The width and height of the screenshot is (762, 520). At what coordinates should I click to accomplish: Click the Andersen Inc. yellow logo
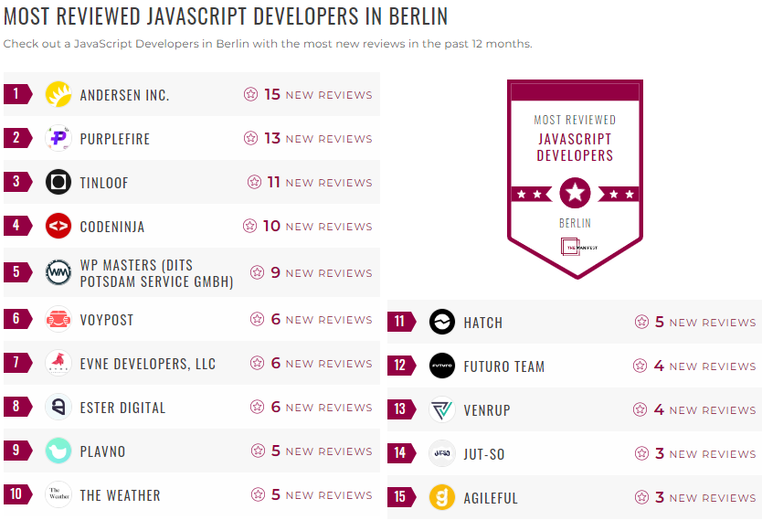[58, 94]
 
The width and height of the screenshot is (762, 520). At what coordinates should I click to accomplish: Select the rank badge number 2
[16, 138]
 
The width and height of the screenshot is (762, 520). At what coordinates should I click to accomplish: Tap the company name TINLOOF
[104, 183]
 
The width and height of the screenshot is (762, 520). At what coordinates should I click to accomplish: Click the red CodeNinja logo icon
[58, 226]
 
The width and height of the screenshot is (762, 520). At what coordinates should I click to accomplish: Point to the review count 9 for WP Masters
[276, 272]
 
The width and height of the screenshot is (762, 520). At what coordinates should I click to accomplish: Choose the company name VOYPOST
[107, 320]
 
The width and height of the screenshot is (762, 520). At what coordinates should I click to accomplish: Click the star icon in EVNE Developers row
[258, 364]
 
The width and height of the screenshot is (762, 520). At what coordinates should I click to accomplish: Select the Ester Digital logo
[58, 407]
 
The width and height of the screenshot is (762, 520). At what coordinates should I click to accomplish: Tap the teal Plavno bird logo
[58, 451]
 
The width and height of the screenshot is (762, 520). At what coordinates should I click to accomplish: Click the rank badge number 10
[16, 494]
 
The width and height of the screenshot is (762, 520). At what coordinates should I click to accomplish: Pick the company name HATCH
[482, 323]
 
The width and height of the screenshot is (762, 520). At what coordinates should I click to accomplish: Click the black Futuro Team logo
[442, 366]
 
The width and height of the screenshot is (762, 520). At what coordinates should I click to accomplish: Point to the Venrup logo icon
[442, 409]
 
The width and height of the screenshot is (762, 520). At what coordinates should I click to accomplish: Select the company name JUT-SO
[484, 454]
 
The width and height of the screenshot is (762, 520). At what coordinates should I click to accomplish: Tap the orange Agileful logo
[442, 497]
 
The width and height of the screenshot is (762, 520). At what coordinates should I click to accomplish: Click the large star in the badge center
[575, 193]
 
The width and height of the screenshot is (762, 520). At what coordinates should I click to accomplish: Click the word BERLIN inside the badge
[575, 223]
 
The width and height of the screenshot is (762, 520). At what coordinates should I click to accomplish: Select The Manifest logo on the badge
[575, 248]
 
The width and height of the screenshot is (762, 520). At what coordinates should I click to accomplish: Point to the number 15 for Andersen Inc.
[272, 94]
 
